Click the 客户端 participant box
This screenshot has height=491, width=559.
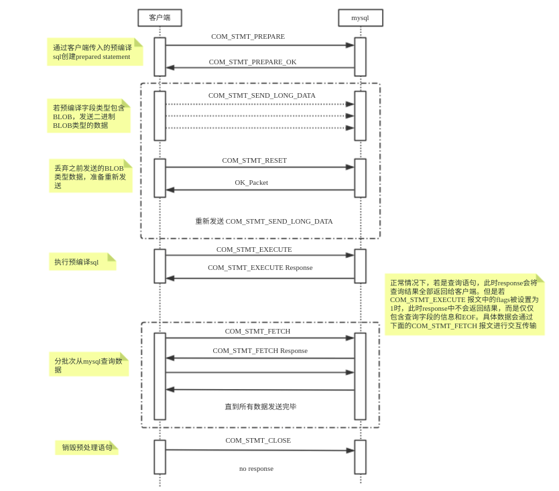click(160, 18)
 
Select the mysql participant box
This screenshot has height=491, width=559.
click(361, 18)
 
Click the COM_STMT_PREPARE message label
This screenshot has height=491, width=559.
click(248, 36)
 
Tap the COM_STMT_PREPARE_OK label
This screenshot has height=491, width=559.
click(253, 62)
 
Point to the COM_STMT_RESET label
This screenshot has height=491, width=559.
click(255, 160)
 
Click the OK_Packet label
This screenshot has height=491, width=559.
click(251, 182)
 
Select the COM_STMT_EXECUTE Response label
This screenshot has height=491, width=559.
click(260, 267)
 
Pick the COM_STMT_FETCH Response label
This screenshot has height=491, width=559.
click(260, 350)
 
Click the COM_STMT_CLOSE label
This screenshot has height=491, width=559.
click(258, 440)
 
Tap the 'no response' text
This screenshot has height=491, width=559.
click(256, 468)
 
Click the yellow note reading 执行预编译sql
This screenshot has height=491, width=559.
click(82, 262)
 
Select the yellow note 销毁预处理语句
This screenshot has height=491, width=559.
click(86, 447)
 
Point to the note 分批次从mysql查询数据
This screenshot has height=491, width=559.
click(88, 364)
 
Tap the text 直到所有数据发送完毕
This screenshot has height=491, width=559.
click(260, 407)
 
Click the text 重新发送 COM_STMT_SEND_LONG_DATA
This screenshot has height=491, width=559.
click(264, 221)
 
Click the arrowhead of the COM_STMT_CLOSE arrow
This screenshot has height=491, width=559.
click(350, 450)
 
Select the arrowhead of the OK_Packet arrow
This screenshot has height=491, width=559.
click(170, 190)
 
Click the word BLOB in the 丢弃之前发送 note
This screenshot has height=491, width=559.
click(114, 169)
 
